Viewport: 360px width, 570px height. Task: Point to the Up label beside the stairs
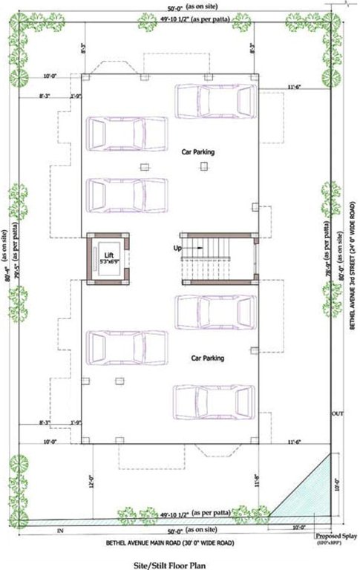click(177, 247)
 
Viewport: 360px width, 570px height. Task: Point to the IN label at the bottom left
click(60, 531)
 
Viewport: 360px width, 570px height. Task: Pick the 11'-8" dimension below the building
click(256, 482)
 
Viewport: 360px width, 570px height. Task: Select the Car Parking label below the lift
click(207, 358)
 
